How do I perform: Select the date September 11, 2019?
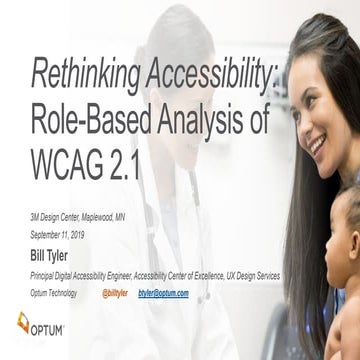[x=61, y=229]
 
